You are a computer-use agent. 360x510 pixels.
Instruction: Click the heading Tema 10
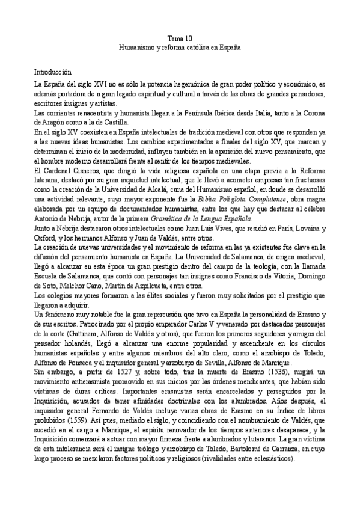180,37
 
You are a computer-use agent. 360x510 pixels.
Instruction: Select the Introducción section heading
53,71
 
